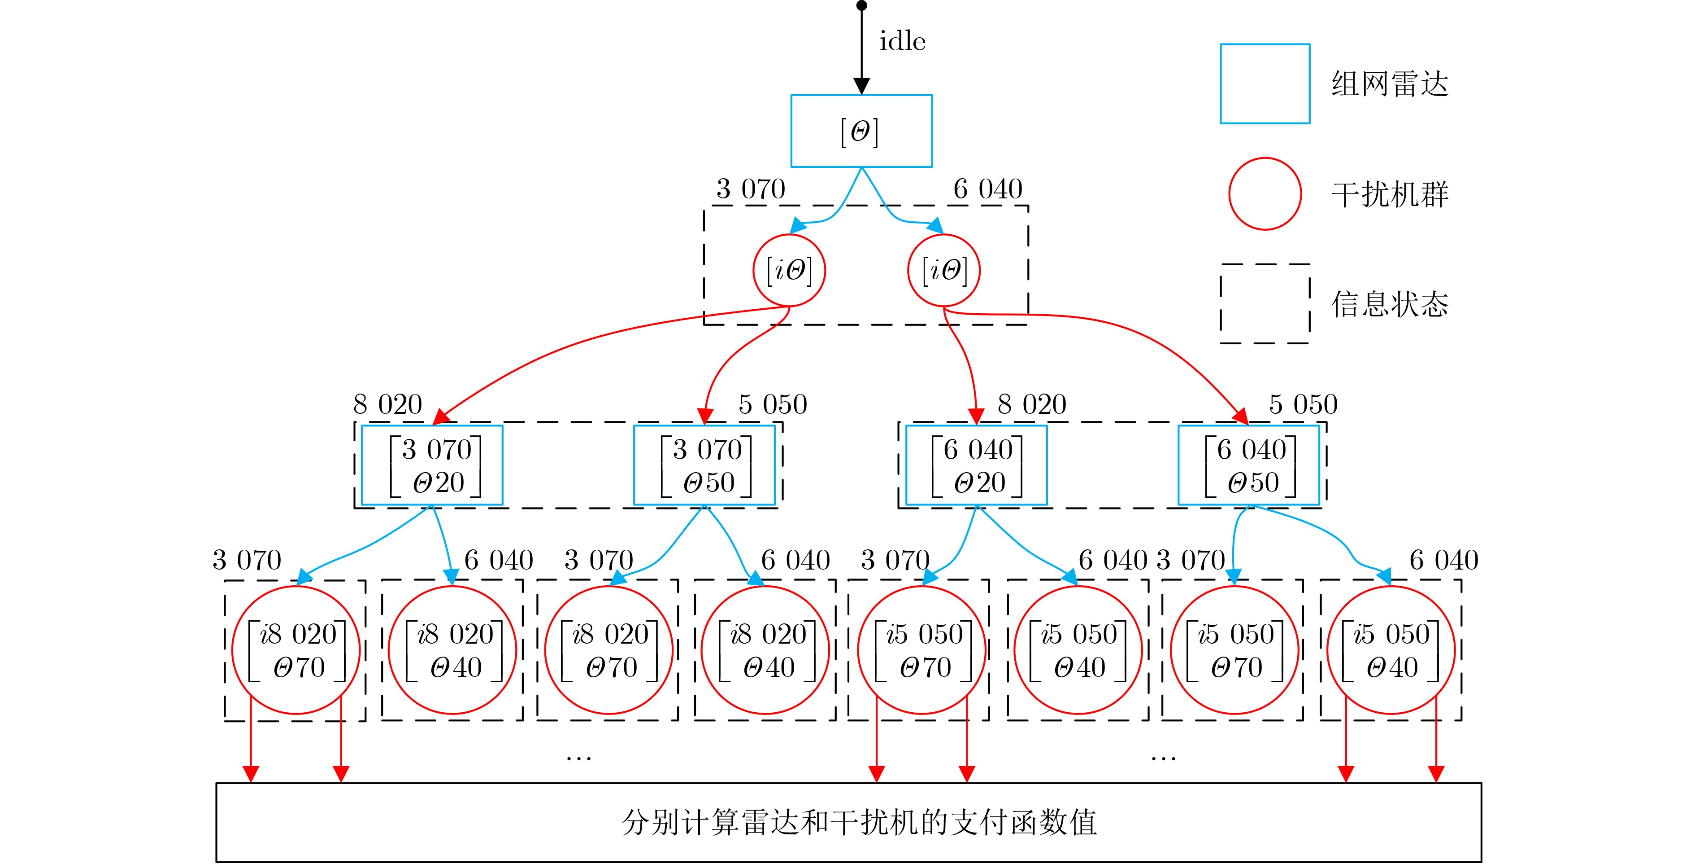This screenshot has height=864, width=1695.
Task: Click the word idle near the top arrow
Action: [902, 41]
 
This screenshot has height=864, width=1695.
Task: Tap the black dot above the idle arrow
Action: [861, 6]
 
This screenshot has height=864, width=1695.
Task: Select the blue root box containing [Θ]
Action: [861, 131]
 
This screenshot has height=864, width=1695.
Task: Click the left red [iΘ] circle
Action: [789, 271]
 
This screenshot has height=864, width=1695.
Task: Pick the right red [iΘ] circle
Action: [943, 271]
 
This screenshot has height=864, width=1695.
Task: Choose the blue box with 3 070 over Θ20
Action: [432, 465]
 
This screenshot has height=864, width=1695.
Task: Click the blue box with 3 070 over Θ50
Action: [704, 465]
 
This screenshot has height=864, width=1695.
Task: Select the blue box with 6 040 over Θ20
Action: [977, 465]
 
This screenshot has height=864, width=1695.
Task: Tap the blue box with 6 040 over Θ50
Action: [1249, 465]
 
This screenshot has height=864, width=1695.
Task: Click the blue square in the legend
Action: [1265, 83]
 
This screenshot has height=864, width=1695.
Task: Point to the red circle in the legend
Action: [1265, 193]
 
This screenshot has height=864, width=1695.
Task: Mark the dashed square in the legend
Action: [1265, 303]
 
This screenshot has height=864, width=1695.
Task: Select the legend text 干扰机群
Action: [1390, 194]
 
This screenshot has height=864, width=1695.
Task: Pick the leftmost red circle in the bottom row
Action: [296, 650]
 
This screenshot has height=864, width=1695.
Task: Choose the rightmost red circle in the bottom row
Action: [1391, 650]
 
